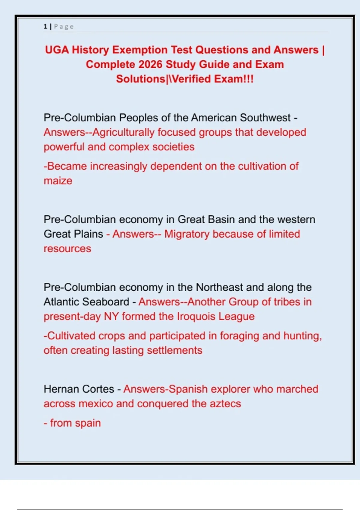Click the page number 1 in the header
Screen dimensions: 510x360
point(45,26)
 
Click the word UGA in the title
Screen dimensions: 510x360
point(57,50)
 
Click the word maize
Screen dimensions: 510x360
point(58,181)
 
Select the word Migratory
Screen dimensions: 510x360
point(187,234)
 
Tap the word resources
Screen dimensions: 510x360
point(67,249)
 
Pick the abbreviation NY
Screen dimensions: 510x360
point(111,316)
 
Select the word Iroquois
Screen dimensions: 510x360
point(196,316)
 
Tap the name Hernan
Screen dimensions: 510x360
point(61,389)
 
